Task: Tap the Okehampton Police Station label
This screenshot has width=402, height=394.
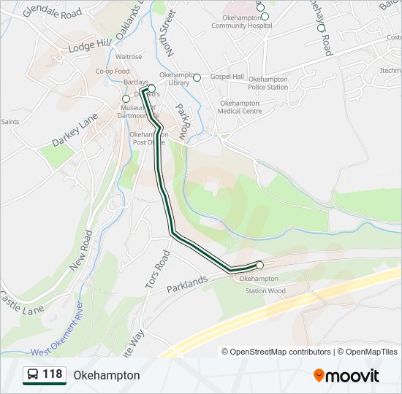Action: pos(268,83)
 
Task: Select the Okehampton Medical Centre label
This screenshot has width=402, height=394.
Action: pos(240,107)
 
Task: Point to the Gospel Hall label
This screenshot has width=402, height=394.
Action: pos(227,77)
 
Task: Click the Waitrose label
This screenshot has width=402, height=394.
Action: pos(128,56)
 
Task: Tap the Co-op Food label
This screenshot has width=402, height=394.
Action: pos(112,71)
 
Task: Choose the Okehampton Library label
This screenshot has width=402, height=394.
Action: pos(175,78)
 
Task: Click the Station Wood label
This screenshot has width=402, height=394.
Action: pos(265,291)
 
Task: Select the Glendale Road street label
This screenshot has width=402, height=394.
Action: pos(52,14)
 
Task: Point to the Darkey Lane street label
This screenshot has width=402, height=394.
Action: pos(75,130)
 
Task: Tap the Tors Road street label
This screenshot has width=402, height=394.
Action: pos(157,270)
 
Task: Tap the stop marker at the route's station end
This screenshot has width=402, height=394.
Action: pos(259,265)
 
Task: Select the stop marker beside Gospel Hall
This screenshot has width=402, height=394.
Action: pos(197,77)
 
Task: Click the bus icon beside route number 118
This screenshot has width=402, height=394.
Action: pos(33,375)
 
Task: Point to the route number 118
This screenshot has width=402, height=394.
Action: pos(53,375)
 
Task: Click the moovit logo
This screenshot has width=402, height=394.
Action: pos(346,375)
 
